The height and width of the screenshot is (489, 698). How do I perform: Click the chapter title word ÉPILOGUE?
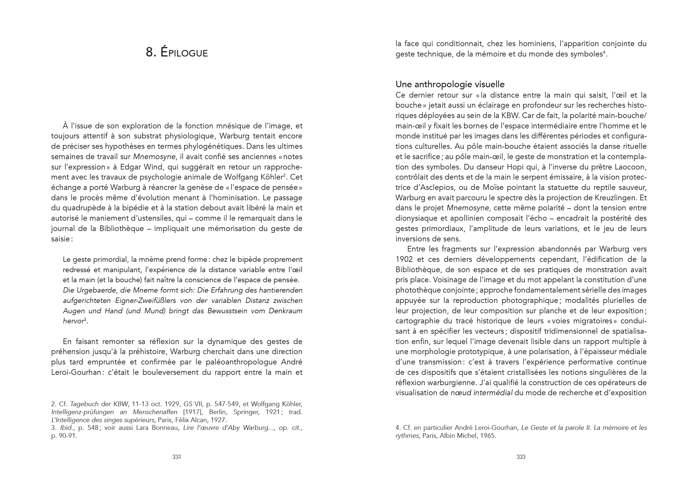184,53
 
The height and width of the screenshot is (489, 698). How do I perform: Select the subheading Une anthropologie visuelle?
450,84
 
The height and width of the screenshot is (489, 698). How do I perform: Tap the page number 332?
177,457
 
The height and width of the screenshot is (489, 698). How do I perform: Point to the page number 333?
521,457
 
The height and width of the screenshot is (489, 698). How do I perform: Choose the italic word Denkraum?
285,311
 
